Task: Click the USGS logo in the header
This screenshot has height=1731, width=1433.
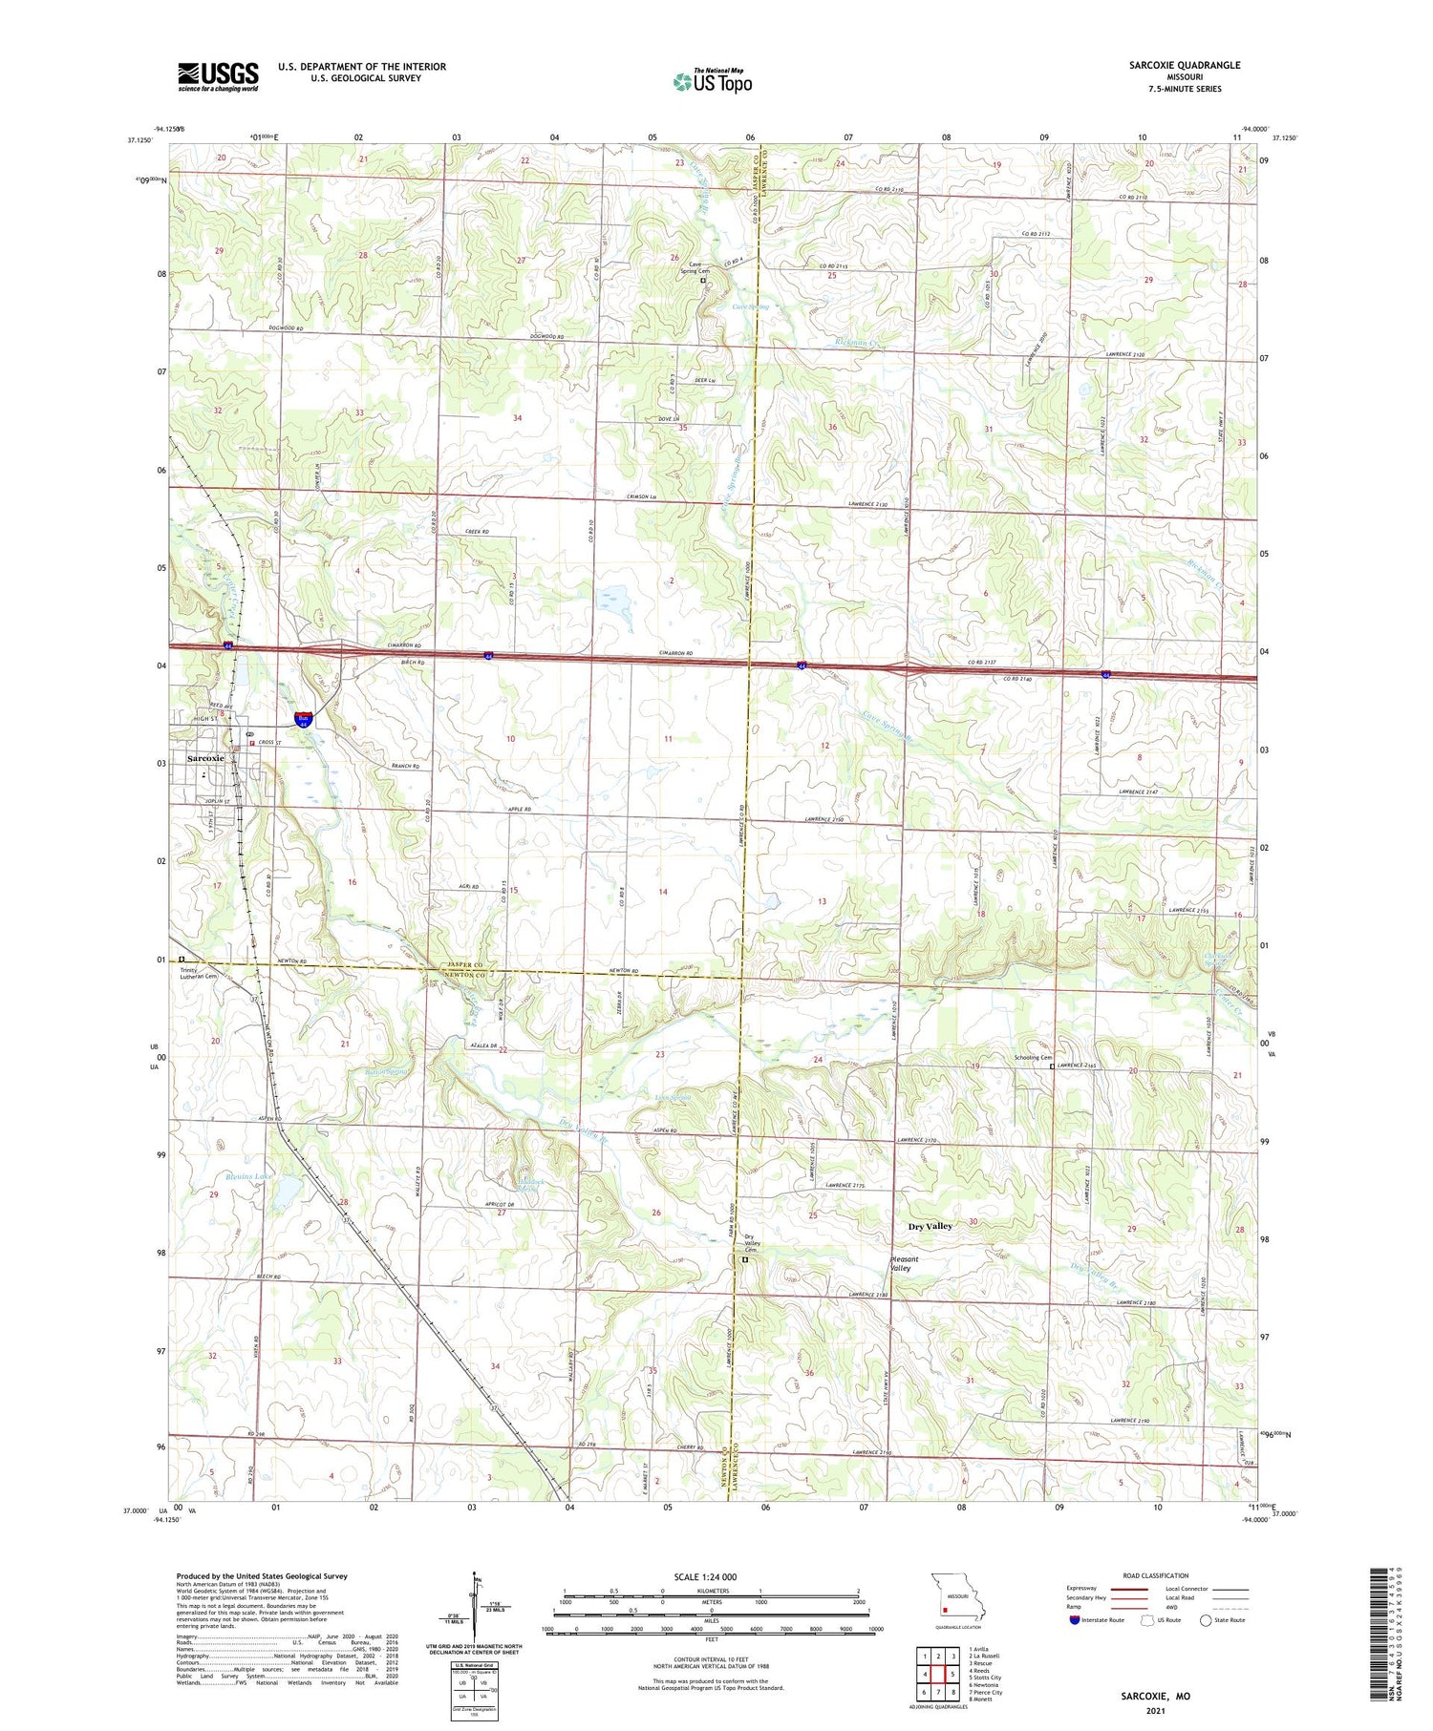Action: [x=218, y=76]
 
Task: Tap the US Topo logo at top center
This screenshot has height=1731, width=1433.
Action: [x=712, y=81]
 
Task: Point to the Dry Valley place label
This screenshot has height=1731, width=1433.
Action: [x=930, y=1226]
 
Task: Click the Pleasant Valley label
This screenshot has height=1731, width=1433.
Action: [x=908, y=1263]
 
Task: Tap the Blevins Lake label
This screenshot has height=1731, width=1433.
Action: [x=247, y=1176]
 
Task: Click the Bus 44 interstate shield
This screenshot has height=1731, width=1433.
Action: [x=303, y=718]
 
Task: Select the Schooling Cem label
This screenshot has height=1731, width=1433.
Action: [x=1032, y=1058]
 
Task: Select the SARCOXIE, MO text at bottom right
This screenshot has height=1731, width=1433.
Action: [x=1156, y=1697]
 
